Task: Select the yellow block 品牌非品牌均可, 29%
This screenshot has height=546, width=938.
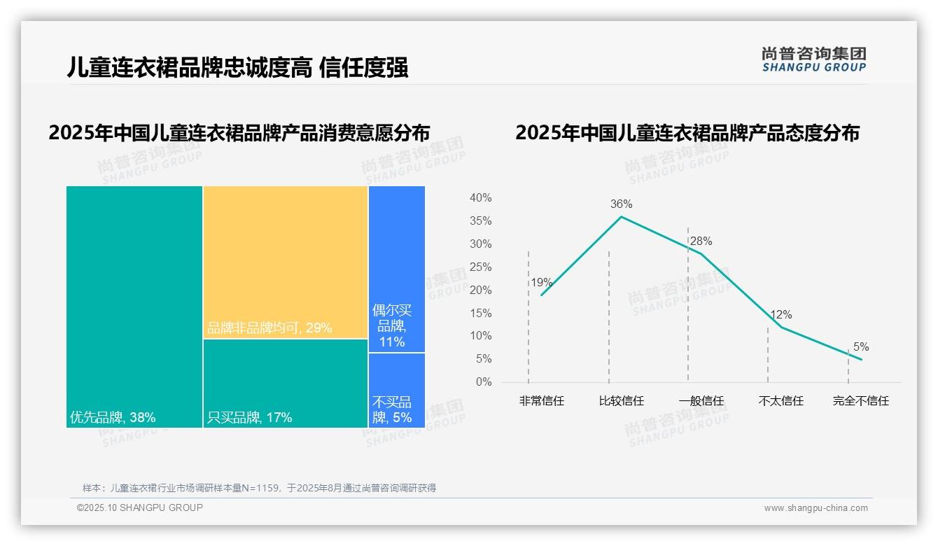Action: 286,262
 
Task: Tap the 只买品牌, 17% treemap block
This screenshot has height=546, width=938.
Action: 286,383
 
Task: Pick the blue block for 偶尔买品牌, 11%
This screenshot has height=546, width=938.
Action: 397,269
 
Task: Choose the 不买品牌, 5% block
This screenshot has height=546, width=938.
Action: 397,390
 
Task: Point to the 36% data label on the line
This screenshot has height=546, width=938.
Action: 621,204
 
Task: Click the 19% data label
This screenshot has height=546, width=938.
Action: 541,283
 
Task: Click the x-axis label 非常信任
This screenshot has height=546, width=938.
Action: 541,401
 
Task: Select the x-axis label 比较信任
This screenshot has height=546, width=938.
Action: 621,401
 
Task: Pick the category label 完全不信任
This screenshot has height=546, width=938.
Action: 860,401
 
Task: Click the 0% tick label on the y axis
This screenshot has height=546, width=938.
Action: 484,382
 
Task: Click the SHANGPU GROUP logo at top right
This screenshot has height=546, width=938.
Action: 813,59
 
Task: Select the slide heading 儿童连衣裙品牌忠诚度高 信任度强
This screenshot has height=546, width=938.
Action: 237,68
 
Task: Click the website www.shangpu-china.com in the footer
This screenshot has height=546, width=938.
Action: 815,508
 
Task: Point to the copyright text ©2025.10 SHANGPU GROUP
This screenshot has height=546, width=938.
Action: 140,507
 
